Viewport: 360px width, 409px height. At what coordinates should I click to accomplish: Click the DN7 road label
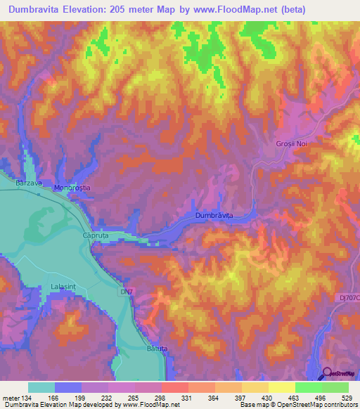(x=126, y=289)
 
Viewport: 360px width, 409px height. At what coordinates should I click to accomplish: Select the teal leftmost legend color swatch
(x=41, y=387)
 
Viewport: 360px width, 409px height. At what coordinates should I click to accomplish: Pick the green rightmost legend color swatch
(x=335, y=387)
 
